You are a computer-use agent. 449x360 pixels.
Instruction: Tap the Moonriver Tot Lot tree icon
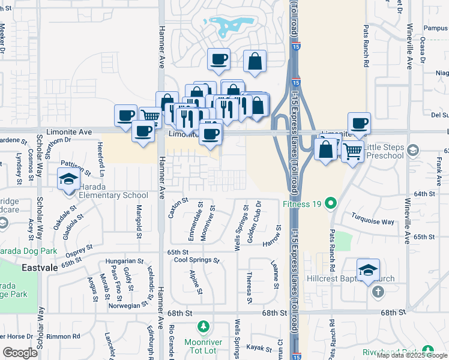point(203,327)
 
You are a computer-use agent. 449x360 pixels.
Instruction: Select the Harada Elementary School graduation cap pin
point(68,178)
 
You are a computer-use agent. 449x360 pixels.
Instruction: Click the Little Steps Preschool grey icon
point(412,150)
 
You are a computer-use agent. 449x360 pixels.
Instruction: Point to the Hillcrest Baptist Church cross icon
point(377,292)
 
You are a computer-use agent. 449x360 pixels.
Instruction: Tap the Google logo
point(20,353)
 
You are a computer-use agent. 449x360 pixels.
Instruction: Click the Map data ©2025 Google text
point(412,355)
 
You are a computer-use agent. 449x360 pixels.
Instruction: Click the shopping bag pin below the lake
point(255,62)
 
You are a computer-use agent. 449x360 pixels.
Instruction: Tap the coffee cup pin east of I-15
point(359,124)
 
